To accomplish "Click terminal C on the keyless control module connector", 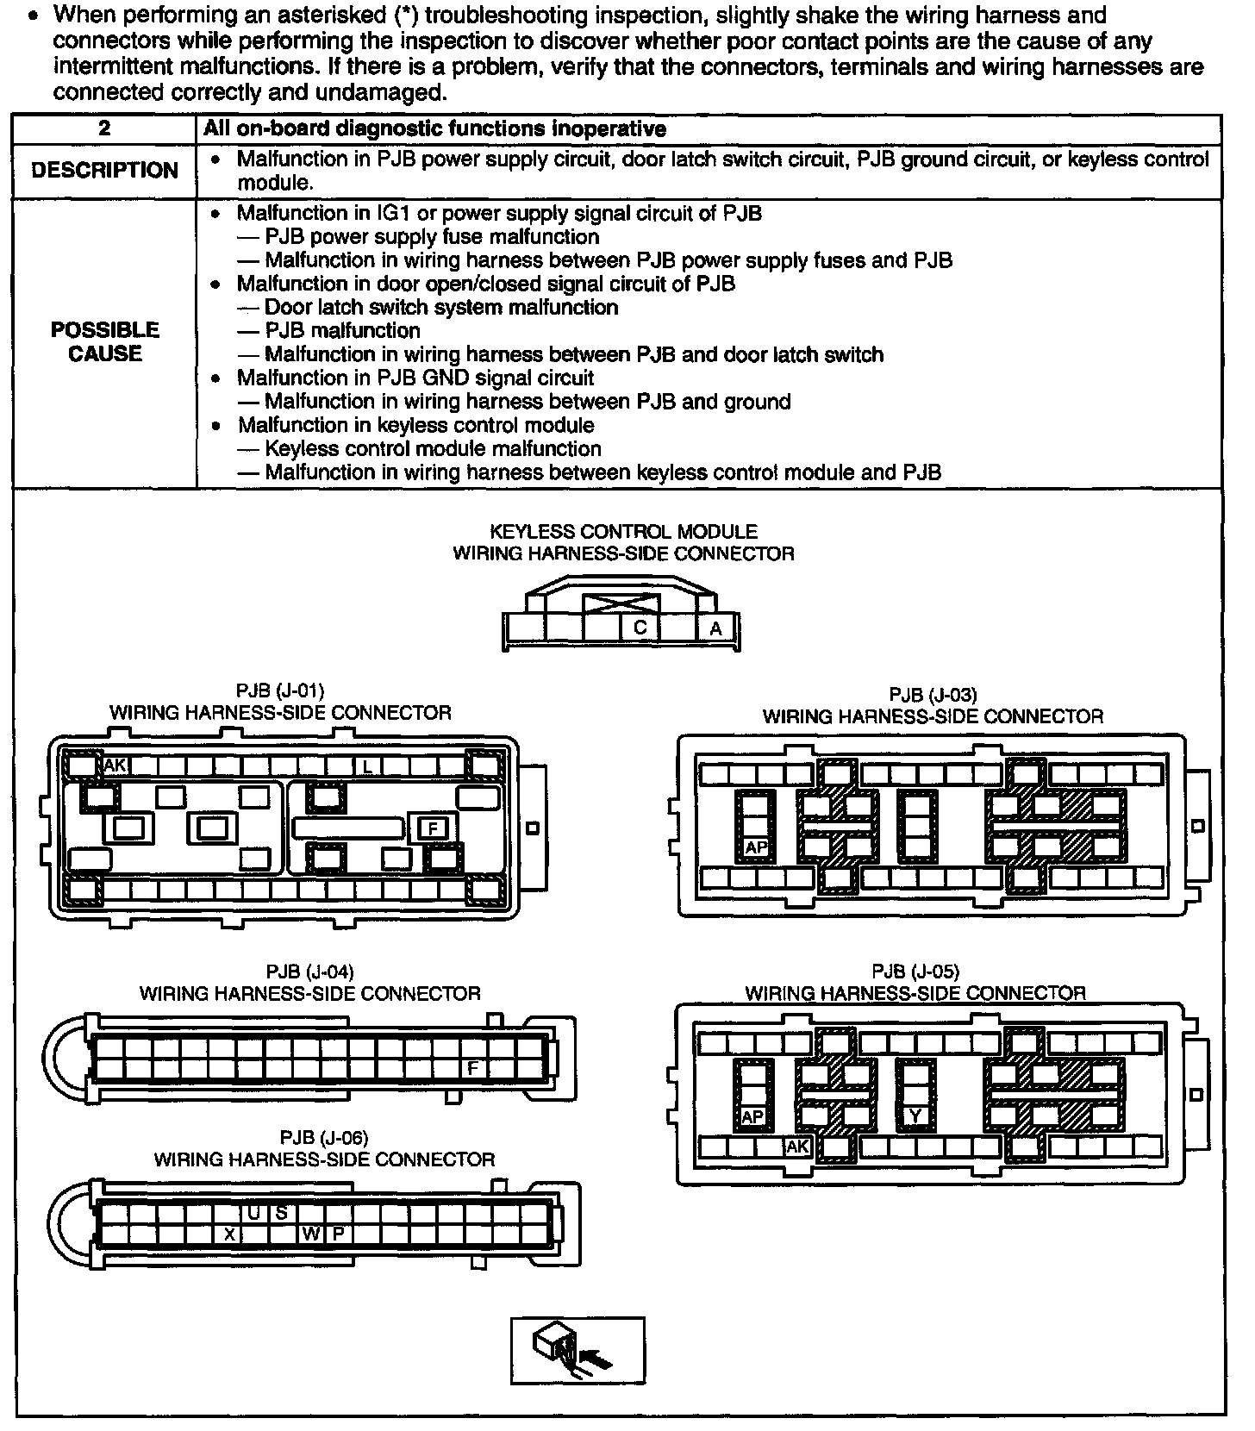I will click(x=640, y=628).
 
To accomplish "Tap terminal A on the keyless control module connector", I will click(x=715, y=629).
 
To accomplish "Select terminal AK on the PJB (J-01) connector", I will click(x=116, y=765).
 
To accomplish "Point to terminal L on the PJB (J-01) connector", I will click(x=367, y=765).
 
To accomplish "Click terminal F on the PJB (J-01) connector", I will click(x=434, y=829).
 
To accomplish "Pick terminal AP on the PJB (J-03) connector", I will click(x=756, y=847).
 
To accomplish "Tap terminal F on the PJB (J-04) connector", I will click(x=472, y=1068).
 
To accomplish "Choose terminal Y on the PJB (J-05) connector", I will click(x=915, y=1116).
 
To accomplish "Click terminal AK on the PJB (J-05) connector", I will click(x=798, y=1147).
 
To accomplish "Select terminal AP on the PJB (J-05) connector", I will click(x=752, y=1116).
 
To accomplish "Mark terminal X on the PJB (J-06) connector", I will click(x=229, y=1234).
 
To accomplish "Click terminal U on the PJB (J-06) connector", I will click(x=254, y=1213).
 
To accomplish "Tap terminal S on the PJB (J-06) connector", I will click(x=281, y=1213).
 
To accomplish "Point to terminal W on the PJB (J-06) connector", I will click(x=310, y=1234).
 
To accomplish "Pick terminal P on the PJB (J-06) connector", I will click(x=339, y=1234).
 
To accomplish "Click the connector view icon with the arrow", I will click(x=578, y=1350).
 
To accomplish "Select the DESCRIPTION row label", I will click(x=104, y=171).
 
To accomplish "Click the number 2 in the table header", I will click(x=104, y=129).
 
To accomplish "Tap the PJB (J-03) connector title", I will click(x=933, y=705).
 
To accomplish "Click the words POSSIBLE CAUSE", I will click(x=104, y=342).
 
